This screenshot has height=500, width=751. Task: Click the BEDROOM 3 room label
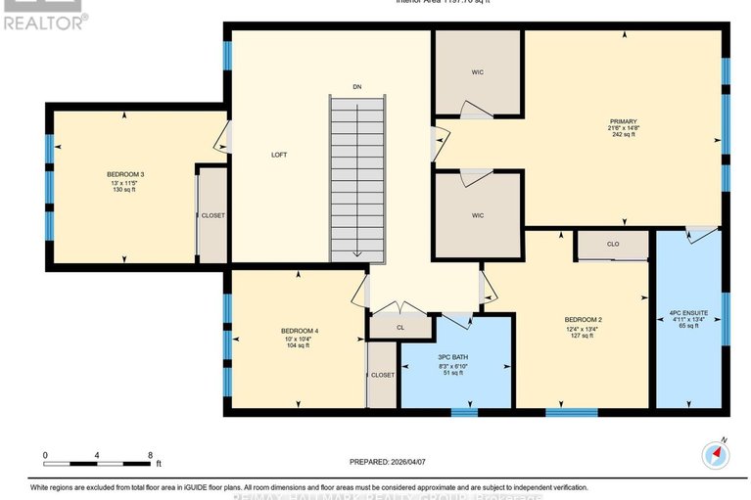point(125,174)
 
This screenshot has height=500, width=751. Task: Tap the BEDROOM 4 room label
point(298,331)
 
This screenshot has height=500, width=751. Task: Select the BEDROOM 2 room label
point(582,320)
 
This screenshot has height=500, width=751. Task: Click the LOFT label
point(279,155)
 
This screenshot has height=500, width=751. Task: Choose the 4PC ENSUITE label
point(688,312)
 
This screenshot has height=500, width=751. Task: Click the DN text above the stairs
point(358,88)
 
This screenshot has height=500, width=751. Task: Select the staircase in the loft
point(357,181)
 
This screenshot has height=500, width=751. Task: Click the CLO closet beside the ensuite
point(612,244)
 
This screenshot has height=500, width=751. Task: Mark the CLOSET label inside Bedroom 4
point(382,375)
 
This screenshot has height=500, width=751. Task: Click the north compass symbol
point(716,454)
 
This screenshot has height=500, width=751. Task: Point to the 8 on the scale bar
point(150,455)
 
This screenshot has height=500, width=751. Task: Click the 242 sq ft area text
point(623,135)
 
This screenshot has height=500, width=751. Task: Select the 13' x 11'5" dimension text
point(125,182)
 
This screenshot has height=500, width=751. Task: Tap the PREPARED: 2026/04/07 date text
point(389,461)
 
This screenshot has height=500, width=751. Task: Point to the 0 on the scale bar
point(45,455)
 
